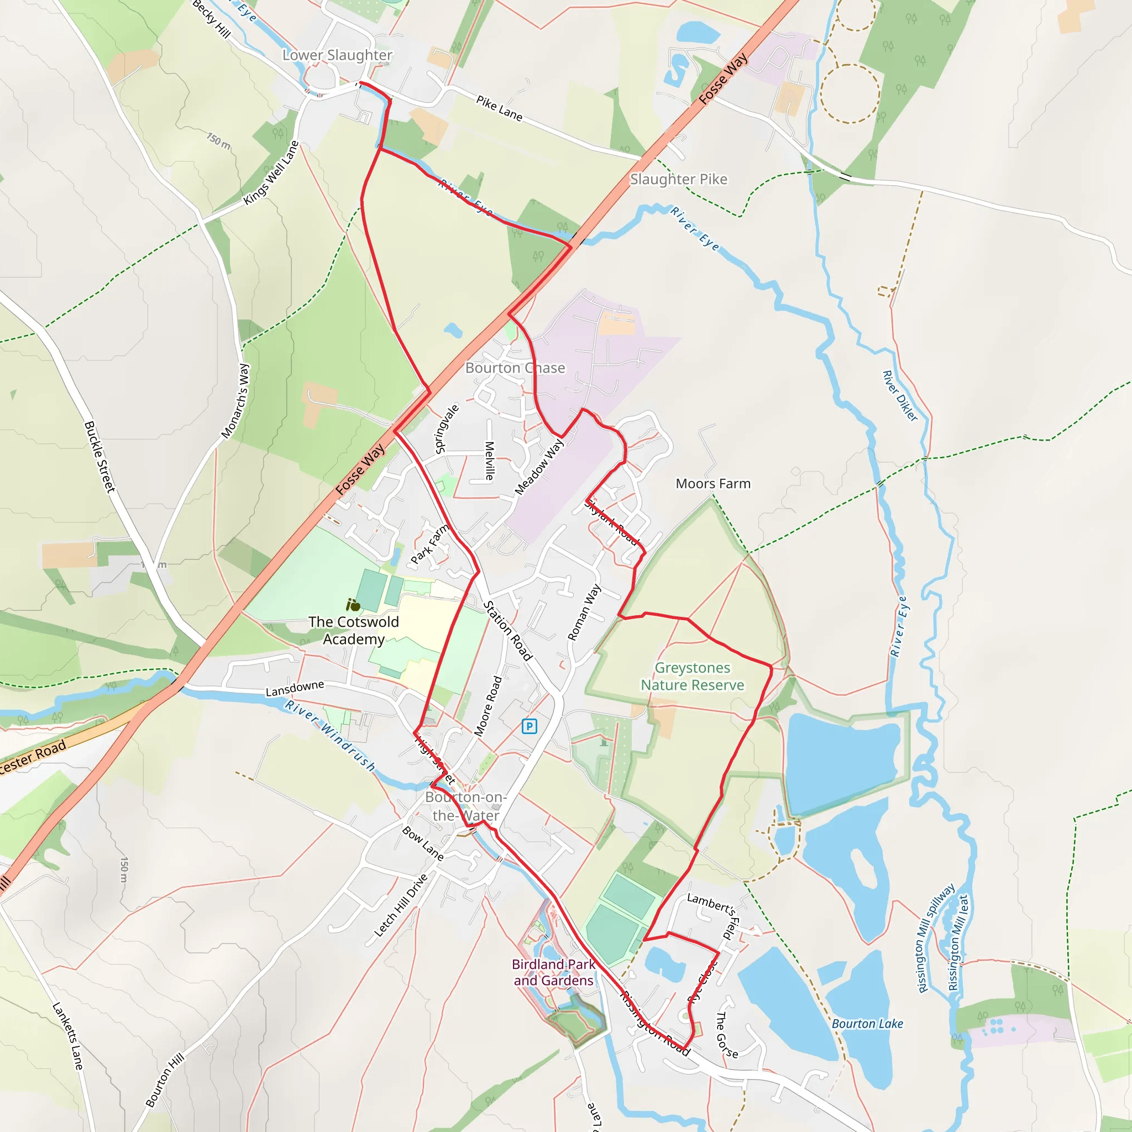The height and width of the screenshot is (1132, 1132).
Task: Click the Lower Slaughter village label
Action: [338, 55]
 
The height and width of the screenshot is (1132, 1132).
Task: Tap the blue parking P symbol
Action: [529, 726]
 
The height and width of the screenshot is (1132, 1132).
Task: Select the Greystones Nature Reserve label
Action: [692, 676]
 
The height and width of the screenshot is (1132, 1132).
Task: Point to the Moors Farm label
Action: [713, 484]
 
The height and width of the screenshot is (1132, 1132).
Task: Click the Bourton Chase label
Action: [515, 368]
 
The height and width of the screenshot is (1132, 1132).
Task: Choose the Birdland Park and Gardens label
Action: [553, 972]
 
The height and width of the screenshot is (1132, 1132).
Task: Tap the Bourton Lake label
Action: [867, 1024]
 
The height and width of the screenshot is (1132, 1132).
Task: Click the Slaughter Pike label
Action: [679, 179]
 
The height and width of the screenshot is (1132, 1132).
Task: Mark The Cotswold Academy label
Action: [354, 631]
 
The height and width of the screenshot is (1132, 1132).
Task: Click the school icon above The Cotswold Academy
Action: [353, 605]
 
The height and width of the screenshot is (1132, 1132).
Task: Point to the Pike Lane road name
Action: [499, 108]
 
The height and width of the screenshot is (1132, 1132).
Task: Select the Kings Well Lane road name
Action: [271, 174]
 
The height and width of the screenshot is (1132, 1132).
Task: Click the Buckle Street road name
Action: [99, 457]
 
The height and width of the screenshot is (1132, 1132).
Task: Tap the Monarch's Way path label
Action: [235, 401]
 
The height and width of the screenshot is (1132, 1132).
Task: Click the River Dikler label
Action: [900, 396]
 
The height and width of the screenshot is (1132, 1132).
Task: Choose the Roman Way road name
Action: [584, 612]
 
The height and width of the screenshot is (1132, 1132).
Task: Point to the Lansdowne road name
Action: [295, 689]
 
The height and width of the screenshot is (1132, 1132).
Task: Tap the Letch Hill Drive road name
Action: [401, 905]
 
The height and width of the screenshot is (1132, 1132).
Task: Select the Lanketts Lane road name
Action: [68, 1036]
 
